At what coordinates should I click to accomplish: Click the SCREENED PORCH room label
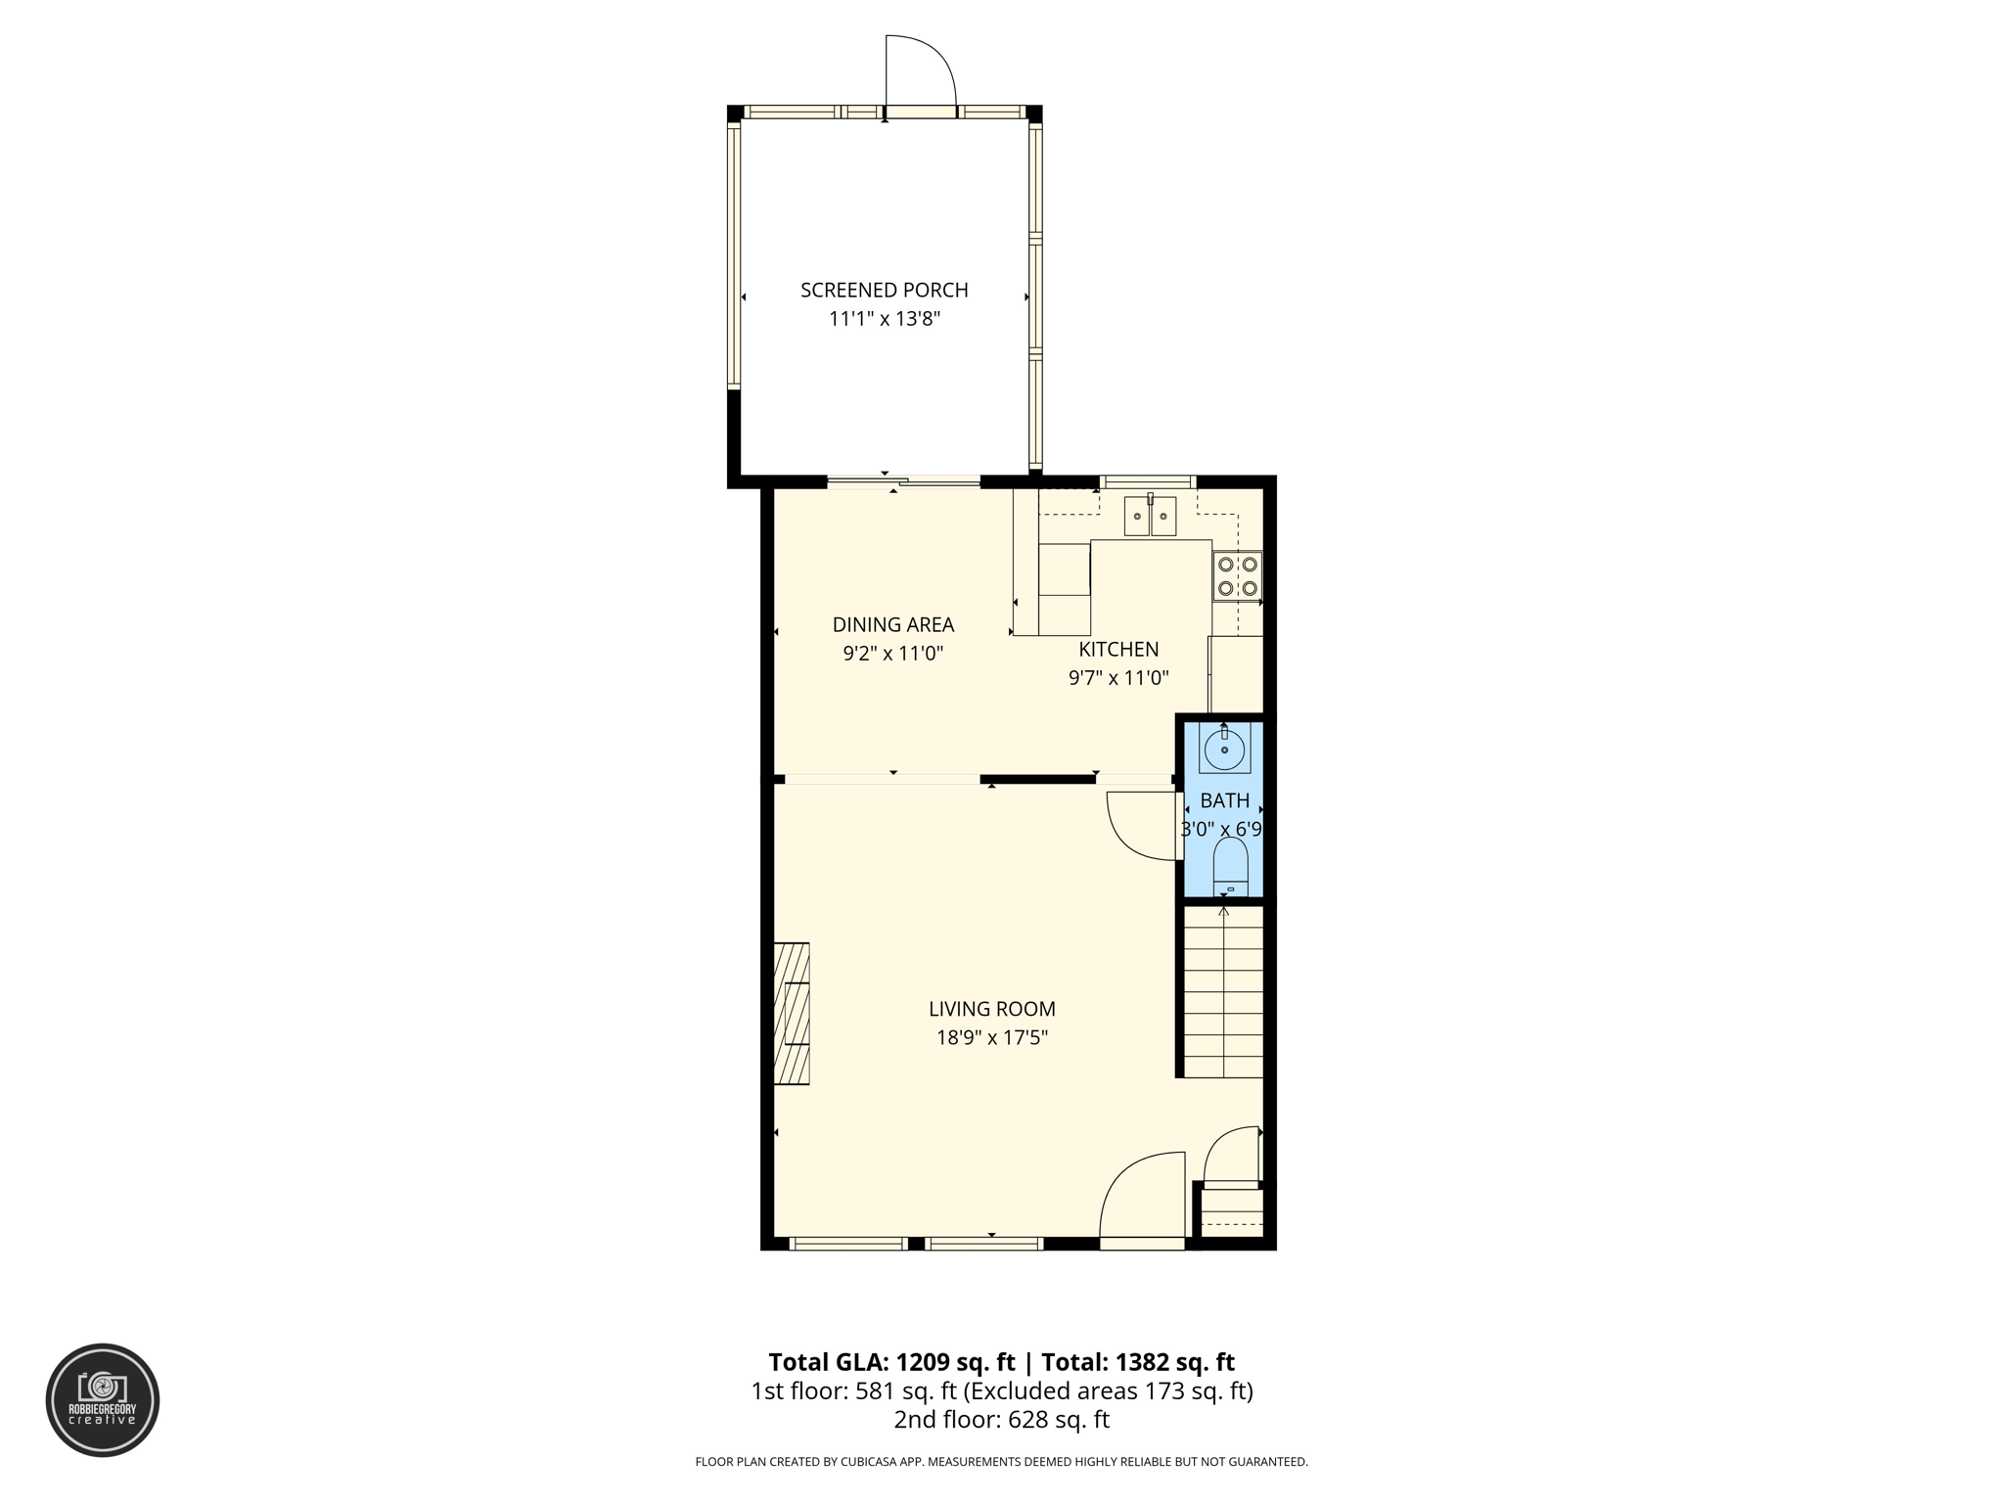[x=884, y=290]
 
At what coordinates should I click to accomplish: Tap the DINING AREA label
[x=892, y=624]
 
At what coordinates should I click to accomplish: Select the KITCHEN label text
[x=1118, y=649]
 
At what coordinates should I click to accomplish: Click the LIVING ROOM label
[x=991, y=1009]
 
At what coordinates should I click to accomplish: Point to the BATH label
[x=1224, y=800]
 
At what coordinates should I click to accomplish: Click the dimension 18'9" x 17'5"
[x=991, y=1037]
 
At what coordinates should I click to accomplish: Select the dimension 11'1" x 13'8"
[x=884, y=318]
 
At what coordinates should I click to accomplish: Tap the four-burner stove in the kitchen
[x=1237, y=576]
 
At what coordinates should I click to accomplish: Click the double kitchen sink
[x=1150, y=516]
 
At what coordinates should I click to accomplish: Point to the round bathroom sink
[x=1224, y=750]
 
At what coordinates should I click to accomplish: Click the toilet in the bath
[x=1230, y=867]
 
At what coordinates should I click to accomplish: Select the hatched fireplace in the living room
[x=792, y=1013]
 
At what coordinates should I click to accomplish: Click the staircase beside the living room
[x=1223, y=990]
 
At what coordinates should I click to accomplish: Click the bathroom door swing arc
[x=1140, y=827]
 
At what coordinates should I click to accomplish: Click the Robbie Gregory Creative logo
[x=103, y=1399]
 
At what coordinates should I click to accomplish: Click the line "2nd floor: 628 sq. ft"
[x=1001, y=1419]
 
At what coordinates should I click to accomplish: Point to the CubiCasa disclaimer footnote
[x=1001, y=1462]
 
